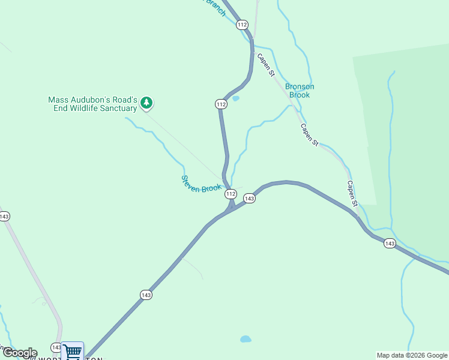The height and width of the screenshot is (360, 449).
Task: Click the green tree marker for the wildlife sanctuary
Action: click(x=146, y=103)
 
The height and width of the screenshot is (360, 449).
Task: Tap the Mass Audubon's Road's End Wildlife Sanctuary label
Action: click(x=93, y=104)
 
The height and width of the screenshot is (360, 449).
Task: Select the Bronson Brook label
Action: click(x=300, y=91)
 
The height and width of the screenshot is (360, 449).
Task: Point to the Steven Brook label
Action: click(x=202, y=184)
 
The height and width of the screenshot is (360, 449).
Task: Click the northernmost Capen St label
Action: click(x=265, y=65)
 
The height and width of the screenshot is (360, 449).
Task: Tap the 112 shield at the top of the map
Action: click(x=242, y=25)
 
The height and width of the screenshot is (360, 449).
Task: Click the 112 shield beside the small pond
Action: click(x=221, y=104)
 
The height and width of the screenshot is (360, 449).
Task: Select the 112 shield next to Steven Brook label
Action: click(x=231, y=194)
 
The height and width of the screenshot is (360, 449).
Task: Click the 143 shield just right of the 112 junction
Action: click(x=250, y=198)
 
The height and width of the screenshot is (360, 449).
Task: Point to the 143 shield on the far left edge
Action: click(x=4, y=216)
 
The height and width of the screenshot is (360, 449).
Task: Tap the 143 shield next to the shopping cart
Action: click(x=56, y=347)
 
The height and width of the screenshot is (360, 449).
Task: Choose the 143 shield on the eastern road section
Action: click(x=390, y=243)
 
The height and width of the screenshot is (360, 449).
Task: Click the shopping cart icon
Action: click(x=73, y=351)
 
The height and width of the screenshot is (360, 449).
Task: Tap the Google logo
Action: click(x=20, y=353)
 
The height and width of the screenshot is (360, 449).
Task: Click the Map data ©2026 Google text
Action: click(x=412, y=355)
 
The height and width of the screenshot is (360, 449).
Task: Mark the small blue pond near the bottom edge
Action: click(x=246, y=339)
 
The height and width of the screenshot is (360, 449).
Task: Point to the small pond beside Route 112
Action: click(x=235, y=98)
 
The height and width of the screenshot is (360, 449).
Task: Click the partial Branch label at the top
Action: click(x=214, y=7)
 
